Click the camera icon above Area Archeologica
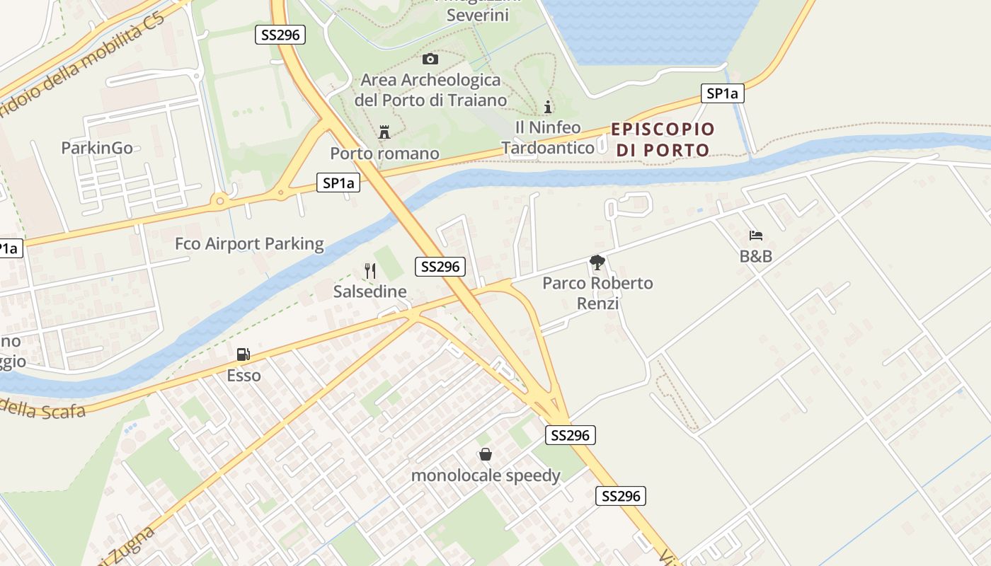430,59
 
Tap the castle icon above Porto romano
384,132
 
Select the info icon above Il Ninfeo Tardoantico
547,107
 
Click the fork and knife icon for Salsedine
370,270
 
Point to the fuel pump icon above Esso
243,354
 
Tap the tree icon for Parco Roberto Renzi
597,262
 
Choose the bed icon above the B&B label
756,235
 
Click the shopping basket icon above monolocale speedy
486,454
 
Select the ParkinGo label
97,148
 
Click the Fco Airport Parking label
249,244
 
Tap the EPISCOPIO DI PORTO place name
663,139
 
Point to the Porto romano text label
384,154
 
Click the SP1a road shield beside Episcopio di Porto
723,93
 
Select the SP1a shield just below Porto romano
338,183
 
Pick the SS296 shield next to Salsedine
440,267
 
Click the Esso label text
244,376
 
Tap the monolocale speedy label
486,475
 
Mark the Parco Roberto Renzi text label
597,293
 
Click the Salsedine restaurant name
370,291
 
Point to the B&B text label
756,256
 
